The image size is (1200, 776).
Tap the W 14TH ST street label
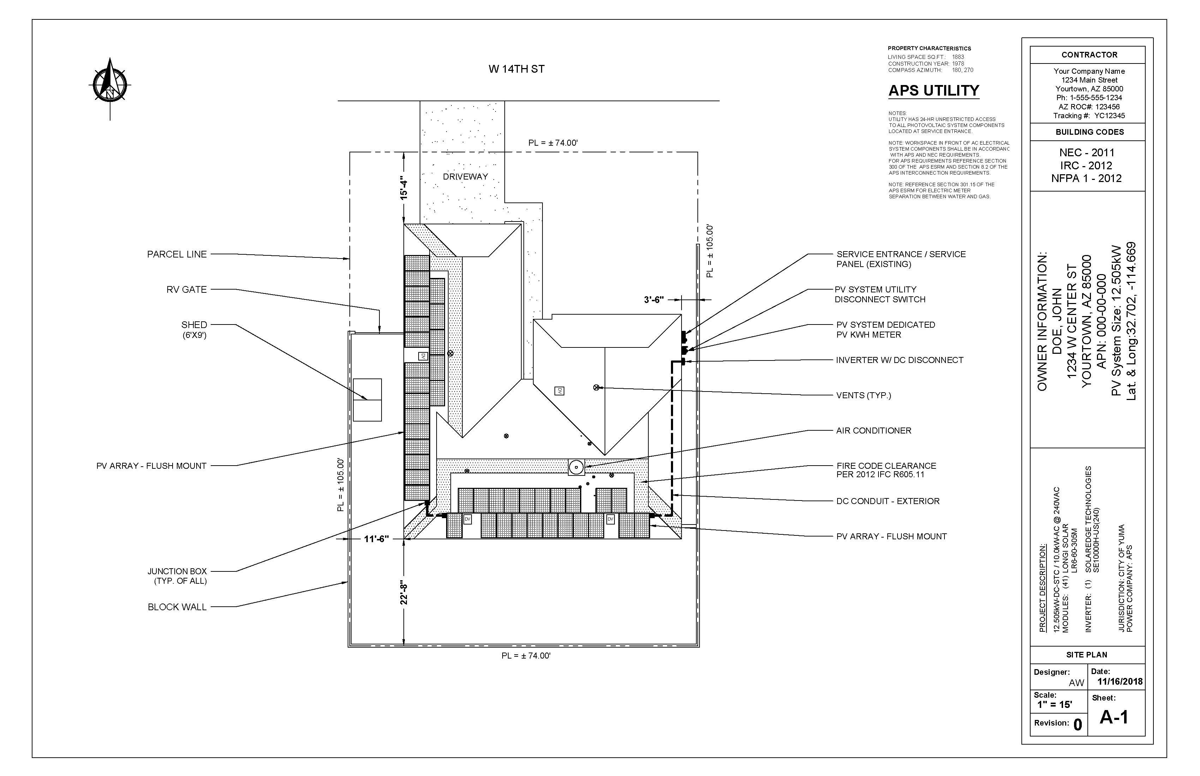516,69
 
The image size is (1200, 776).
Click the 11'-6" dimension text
376,539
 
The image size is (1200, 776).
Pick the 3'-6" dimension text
654,300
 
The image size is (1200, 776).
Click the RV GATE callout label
187,290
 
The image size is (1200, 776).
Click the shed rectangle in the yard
367,400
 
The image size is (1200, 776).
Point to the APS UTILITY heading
933,91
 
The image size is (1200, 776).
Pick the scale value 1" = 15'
1054,704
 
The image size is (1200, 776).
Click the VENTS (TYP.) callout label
863,395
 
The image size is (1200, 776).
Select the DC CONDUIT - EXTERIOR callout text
887,501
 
